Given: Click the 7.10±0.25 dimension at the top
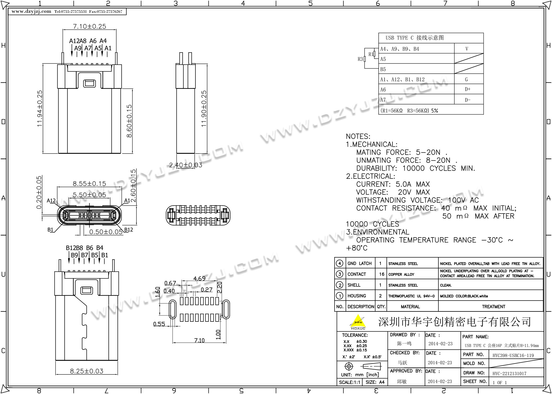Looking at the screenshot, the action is tap(89, 26).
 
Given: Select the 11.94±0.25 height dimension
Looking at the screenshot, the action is tap(40, 108).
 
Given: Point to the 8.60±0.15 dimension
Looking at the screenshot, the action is tap(129, 121).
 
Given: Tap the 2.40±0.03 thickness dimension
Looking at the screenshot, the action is tap(186, 165).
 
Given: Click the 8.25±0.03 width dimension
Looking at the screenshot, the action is tap(87, 371).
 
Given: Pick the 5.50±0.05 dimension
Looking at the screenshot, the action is tap(89, 195).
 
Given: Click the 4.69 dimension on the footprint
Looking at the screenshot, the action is tap(199, 279).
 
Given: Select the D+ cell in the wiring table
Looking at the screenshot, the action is tap(467, 89).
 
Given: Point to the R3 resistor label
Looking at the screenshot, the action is tap(360, 59).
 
